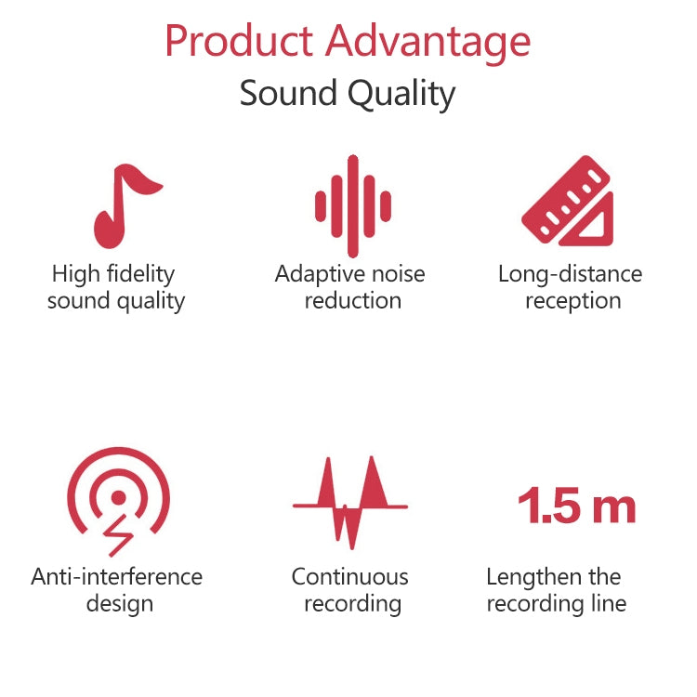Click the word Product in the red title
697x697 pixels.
(x=238, y=42)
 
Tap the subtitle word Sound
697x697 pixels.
(x=289, y=94)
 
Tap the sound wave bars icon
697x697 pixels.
(x=351, y=205)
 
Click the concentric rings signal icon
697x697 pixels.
(x=118, y=497)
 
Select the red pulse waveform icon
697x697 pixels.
(x=350, y=502)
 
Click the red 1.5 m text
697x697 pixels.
(x=576, y=507)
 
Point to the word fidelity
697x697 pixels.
(x=139, y=274)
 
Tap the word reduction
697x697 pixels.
(x=352, y=301)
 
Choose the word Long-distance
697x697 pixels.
(x=570, y=274)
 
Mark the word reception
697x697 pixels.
(x=572, y=301)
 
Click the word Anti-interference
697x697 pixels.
(x=116, y=576)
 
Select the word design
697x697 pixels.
(x=120, y=604)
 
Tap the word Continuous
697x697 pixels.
(x=349, y=576)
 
